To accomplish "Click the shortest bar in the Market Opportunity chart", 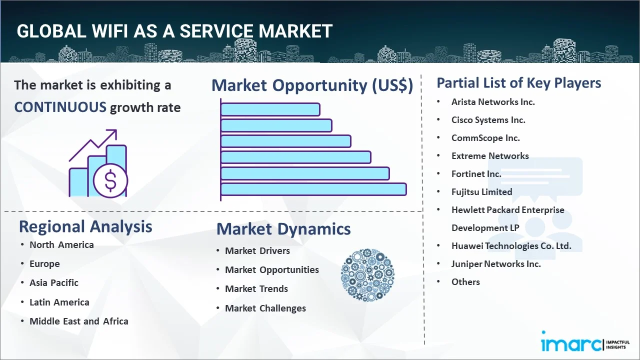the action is (x=270, y=109).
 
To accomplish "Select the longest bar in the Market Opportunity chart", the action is (x=313, y=189).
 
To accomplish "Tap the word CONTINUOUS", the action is (x=60, y=107).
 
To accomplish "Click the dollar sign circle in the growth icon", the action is (x=110, y=180).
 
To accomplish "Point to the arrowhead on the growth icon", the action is (x=113, y=133).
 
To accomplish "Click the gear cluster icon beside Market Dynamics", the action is (x=367, y=275).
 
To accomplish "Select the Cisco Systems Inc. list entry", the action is (x=488, y=120).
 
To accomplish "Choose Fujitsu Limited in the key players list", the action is (x=481, y=192).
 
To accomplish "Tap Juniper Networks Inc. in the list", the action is (x=496, y=264).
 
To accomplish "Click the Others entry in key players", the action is (x=465, y=282).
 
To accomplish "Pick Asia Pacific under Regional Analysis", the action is (x=54, y=283).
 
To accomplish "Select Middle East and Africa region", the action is (x=79, y=321).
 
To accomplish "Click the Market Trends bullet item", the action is (x=256, y=289).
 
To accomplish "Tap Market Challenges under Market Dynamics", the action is (x=265, y=308).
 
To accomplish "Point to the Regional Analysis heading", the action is (x=85, y=226).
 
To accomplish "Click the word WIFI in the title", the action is (x=109, y=31).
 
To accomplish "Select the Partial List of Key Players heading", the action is (x=519, y=83).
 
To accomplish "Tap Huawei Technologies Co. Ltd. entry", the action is (x=511, y=246).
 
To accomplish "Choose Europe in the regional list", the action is (x=44, y=264).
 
